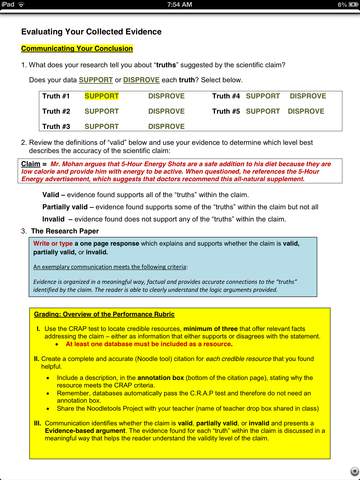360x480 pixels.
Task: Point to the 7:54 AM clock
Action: [179, 5]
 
